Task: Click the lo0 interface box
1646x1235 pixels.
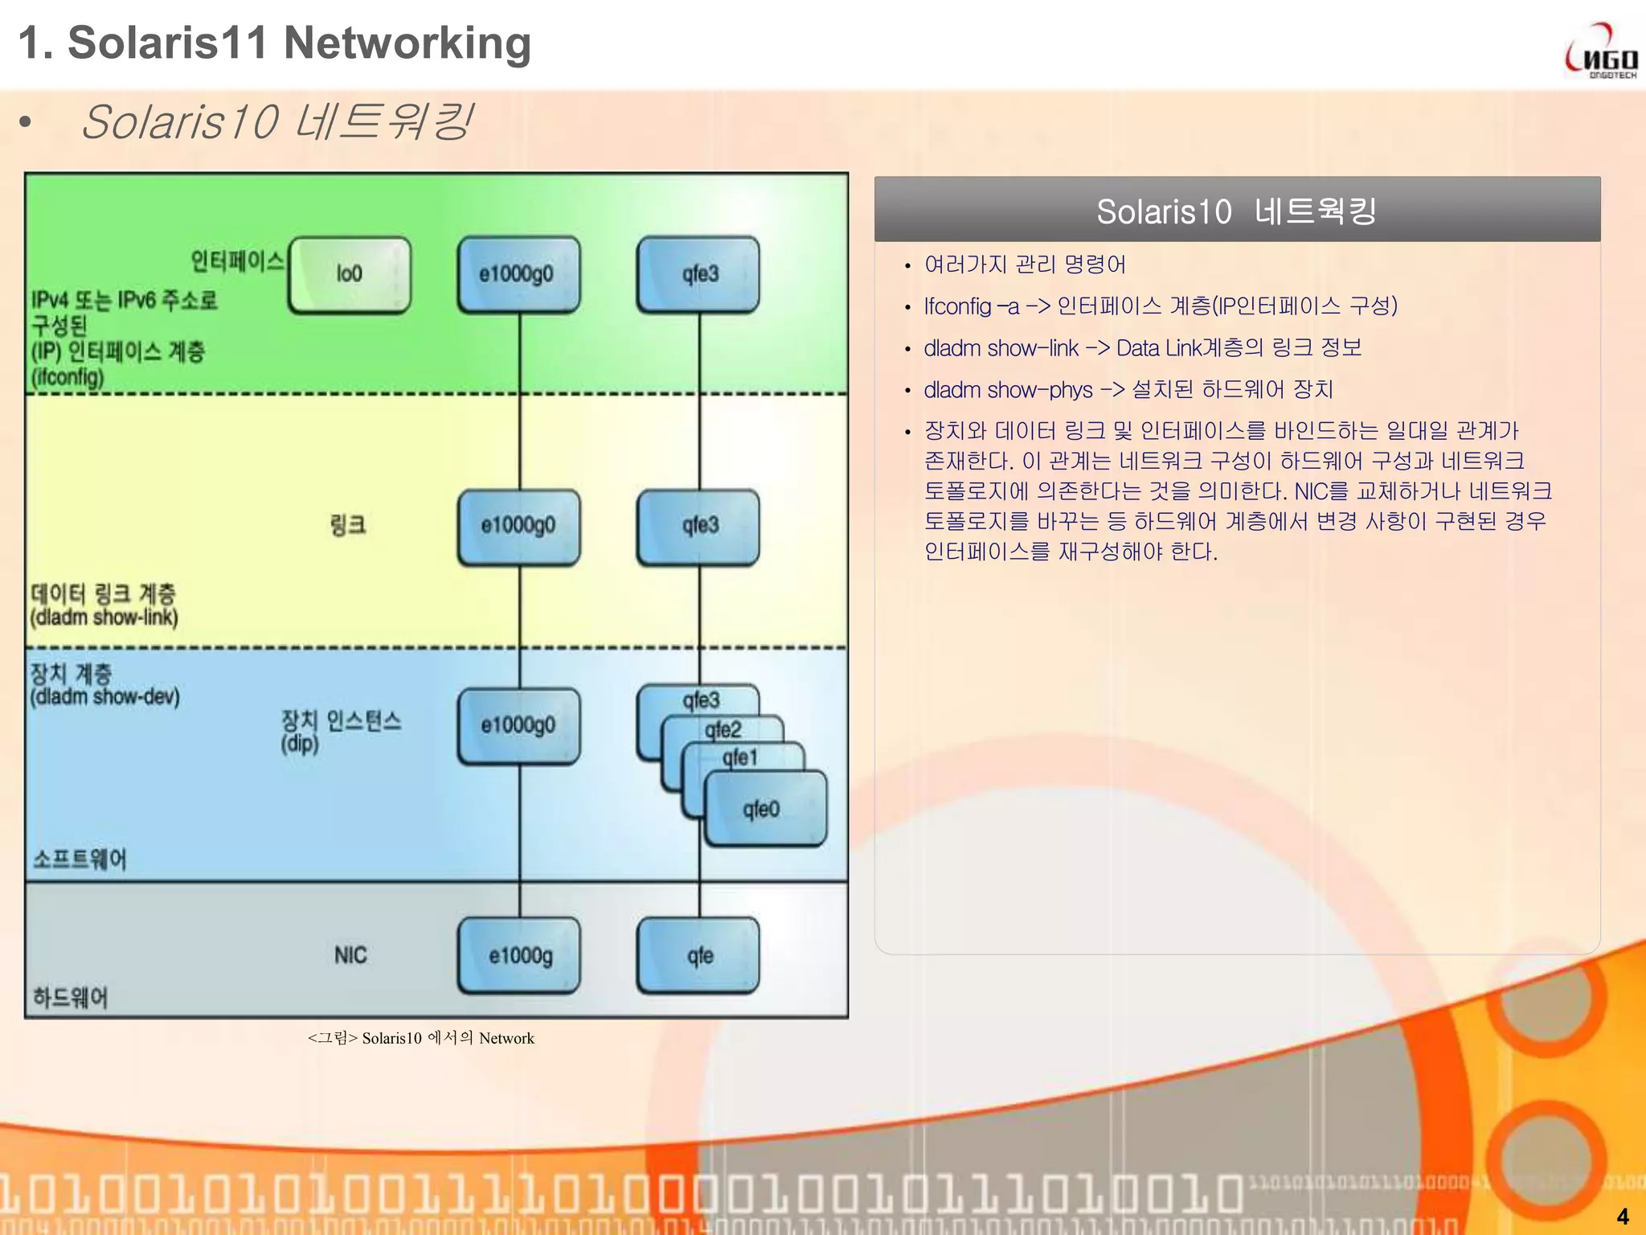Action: click(350, 274)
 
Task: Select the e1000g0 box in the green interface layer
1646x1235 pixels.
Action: click(518, 274)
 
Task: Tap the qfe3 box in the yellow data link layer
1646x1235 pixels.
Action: click(698, 526)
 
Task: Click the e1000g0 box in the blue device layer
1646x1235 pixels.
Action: click(518, 725)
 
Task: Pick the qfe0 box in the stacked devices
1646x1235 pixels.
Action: click(764, 809)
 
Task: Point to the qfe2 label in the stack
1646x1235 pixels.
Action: click(723, 729)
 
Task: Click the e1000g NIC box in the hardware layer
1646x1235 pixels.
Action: click(519, 955)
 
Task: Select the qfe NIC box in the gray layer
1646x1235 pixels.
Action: click(698, 955)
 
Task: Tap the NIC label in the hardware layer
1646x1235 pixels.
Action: click(350, 955)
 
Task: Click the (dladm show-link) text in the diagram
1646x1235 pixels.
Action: click(104, 617)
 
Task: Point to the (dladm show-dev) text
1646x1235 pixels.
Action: click(104, 696)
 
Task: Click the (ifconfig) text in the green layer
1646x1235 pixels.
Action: click(68, 377)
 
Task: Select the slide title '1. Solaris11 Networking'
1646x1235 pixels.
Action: click(274, 43)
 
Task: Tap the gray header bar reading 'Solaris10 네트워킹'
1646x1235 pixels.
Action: click(1236, 211)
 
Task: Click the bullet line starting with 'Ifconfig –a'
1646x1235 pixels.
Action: click(1160, 306)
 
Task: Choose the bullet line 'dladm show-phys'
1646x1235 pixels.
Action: click(1128, 390)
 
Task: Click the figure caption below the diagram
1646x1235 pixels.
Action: click(420, 1038)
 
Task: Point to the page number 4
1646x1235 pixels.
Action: click(1622, 1216)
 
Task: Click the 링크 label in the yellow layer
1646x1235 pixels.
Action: click(347, 526)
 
